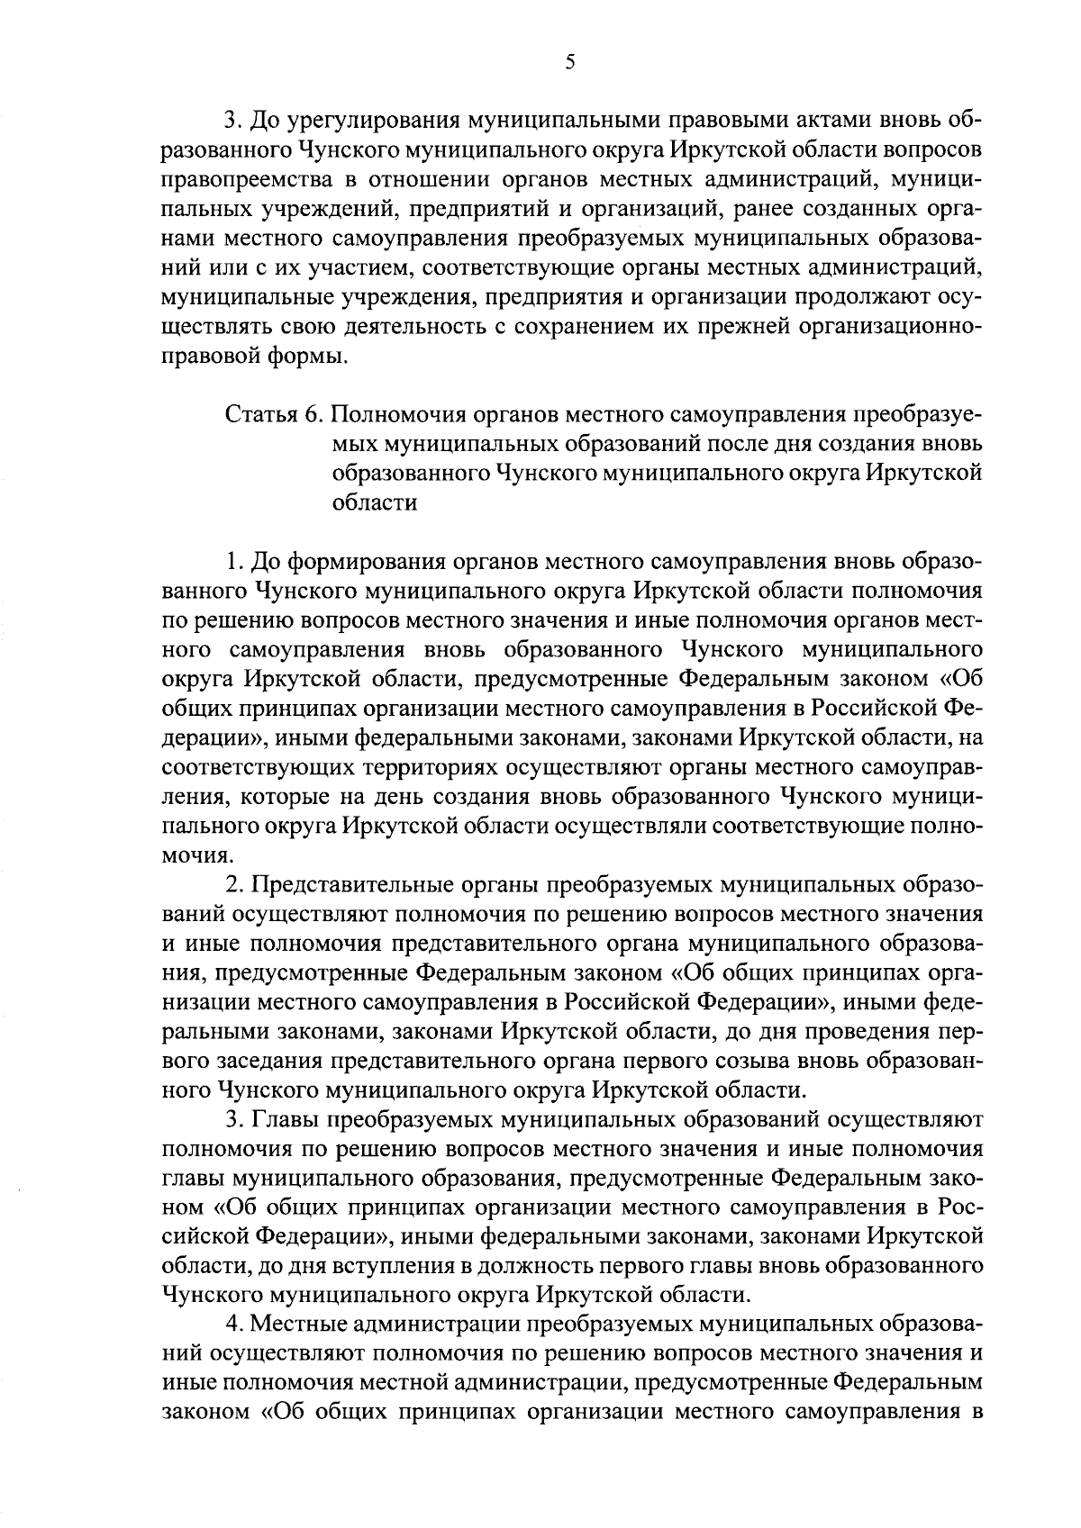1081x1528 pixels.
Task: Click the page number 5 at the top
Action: point(568,62)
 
